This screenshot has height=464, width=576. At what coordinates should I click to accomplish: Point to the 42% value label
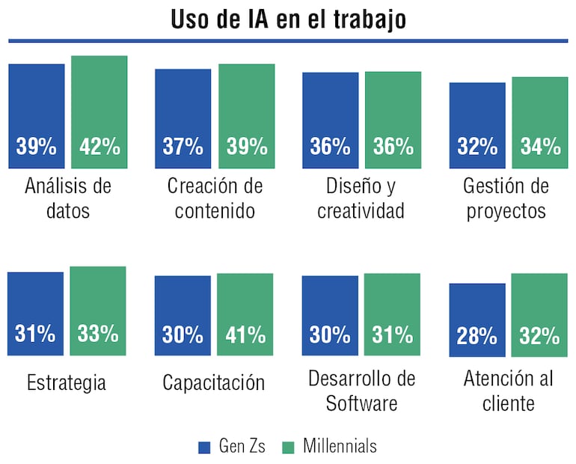coord(99,147)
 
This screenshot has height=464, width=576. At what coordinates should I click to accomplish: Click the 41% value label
coord(245,335)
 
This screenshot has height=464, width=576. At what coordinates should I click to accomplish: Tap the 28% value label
coord(477,336)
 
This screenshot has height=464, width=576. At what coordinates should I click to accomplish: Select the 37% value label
coord(183,147)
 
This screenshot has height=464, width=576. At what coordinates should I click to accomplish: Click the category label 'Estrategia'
coord(66,383)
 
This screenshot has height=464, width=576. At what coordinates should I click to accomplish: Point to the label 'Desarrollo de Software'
coord(361,391)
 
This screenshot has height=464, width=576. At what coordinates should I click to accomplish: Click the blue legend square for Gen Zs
coord(205,448)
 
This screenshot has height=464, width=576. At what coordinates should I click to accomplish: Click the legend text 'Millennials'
coord(340,447)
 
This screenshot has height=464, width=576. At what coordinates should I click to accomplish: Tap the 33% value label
coord(98,335)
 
